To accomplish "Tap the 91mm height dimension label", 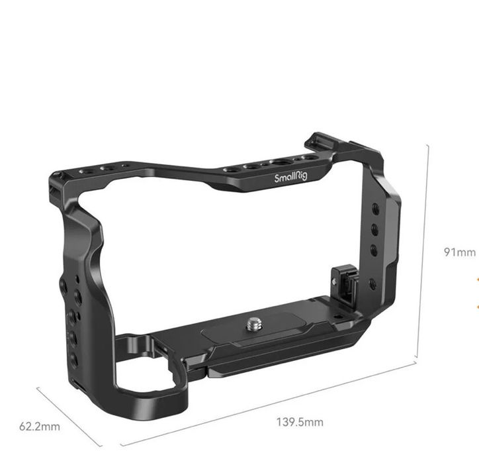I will [459, 252].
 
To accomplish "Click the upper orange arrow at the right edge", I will [476, 280].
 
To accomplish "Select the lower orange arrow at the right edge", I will [476, 306].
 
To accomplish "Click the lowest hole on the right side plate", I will [372, 284].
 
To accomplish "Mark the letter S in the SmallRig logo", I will [277, 177].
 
